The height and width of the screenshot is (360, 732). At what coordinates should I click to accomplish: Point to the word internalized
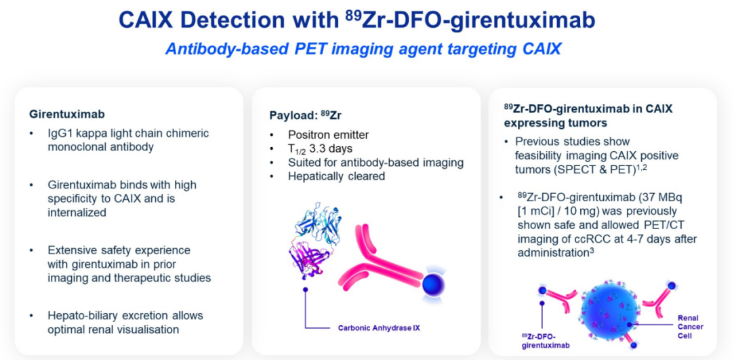tap(77, 212)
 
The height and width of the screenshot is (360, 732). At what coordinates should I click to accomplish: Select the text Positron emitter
tap(329, 136)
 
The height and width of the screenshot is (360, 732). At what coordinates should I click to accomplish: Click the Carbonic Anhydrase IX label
tap(379, 327)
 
